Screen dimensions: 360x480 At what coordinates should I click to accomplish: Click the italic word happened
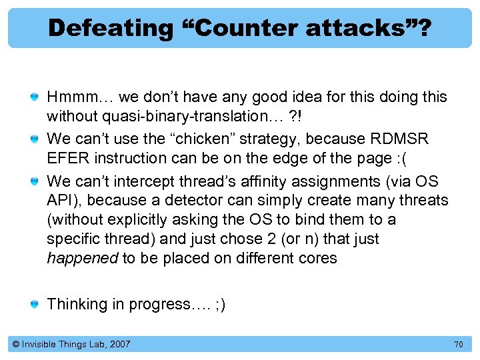point(82,258)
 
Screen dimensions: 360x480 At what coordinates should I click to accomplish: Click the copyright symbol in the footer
point(16,344)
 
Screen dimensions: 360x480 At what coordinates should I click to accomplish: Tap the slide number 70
point(458,345)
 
